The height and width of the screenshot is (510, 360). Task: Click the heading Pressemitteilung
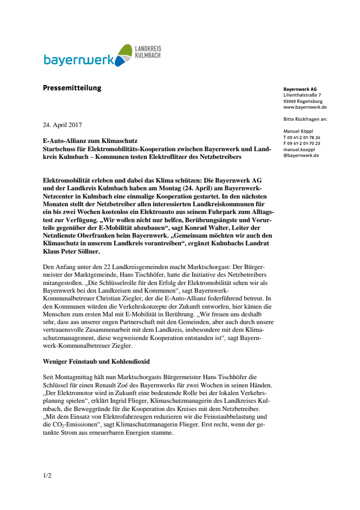72,88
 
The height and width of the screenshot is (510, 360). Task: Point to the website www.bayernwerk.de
305,107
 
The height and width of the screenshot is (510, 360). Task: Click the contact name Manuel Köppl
300,131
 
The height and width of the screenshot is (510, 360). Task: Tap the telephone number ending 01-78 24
302,137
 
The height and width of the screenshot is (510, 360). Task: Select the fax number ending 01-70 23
302,143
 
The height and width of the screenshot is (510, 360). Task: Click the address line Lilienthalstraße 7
302,95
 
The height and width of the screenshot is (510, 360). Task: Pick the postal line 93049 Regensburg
303,101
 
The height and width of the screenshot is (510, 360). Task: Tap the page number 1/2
47,476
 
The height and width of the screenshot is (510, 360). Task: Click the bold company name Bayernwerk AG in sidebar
300,89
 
